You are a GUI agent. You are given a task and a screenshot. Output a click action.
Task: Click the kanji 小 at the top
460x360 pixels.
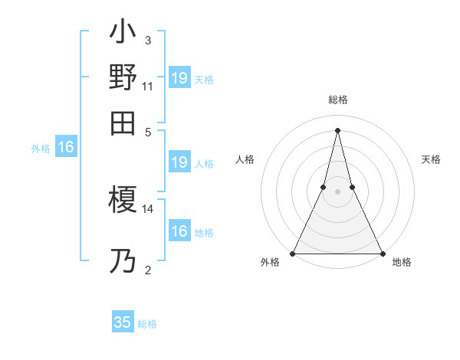pyautogui.click(x=123, y=34)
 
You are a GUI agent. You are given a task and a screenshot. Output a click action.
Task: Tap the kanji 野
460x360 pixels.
pyautogui.click(x=123, y=77)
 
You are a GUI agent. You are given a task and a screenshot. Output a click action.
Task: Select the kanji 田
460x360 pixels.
pyautogui.click(x=123, y=123)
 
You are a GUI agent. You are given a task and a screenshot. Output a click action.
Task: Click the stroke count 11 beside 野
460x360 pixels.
pyautogui.click(x=148, y=87)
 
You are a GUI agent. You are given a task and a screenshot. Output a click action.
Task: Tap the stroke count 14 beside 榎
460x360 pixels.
pyautogui.click(x=148, y=208)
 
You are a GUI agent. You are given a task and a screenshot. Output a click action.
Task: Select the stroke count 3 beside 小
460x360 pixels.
pyautogui.click(x=148, y=41)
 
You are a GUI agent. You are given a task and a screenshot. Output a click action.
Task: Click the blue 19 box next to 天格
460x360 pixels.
pyautogui.click(x=179, y=77)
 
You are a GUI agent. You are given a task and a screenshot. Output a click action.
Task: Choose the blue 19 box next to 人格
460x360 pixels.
pyautogui.click(x=179, y=162)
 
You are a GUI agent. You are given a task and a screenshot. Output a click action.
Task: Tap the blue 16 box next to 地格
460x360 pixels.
pyautogui.click(x=179, y=231)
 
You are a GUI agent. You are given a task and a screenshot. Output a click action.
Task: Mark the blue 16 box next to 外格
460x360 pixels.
pyautogui.click(x=66, y=148)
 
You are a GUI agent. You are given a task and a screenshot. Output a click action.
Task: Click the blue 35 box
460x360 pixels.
pyautogui.click(x=123, y=322)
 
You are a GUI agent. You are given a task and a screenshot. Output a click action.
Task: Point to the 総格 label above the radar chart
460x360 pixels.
pyautogui.click(x=338, y=100)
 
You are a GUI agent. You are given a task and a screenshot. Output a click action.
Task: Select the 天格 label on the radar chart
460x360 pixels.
pyautogui.click(x=432, y=159)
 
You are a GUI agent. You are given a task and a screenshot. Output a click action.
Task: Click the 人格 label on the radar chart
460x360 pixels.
pyautogui.click(x=245, y=159)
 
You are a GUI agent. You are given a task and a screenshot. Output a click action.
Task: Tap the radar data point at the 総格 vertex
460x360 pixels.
pyautogui.click(x=338, y=129)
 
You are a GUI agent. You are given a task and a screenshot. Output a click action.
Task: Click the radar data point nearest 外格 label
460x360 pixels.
pyautogui.click(x=294, y=253)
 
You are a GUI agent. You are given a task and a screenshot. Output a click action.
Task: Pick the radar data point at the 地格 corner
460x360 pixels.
pyautogui.click(x=382, y=253)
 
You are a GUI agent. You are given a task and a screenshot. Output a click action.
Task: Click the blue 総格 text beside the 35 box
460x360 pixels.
pyautogui.click(x=148, y=324)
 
